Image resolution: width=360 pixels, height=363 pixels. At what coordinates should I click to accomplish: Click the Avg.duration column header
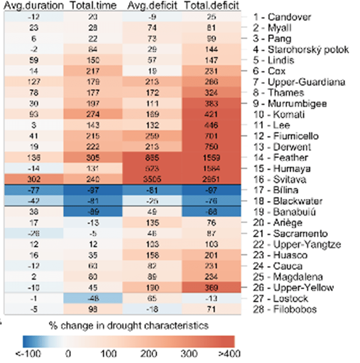tap(34, 6)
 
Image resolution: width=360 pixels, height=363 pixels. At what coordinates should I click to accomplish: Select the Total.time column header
tap(93, 6)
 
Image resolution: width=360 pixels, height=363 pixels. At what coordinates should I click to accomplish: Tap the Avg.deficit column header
tap(153, 6)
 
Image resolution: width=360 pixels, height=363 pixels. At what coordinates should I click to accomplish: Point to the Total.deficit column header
tap(212, 6)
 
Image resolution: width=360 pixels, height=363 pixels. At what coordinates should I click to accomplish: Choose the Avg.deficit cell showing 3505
tap(153, 179)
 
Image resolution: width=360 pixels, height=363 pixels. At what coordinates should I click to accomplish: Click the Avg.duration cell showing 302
tap(34, 179)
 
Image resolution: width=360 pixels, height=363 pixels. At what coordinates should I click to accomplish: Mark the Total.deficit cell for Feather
tap(212, 158)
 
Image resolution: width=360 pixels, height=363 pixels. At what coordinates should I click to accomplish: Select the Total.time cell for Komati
tap(93, 114)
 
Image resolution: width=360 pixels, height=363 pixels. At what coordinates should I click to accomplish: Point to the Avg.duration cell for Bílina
tap(34, 190)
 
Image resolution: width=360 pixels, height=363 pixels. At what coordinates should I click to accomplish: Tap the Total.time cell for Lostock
tap(93, 298)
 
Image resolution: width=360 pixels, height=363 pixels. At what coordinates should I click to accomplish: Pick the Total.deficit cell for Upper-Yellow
tap(212, 288)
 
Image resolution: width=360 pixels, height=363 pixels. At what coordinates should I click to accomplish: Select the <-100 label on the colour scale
tap(25, 354)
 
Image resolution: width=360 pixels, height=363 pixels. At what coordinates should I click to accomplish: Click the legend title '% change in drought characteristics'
tap(128, 326)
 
